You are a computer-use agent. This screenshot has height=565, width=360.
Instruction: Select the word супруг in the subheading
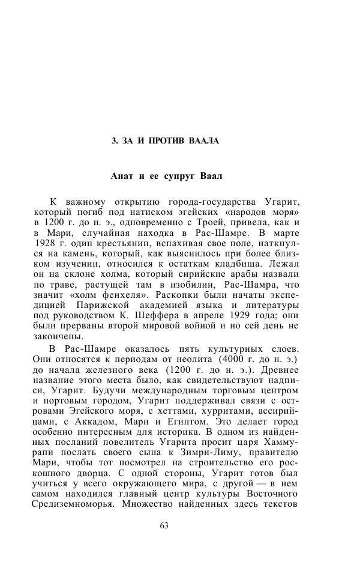point(185,177)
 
